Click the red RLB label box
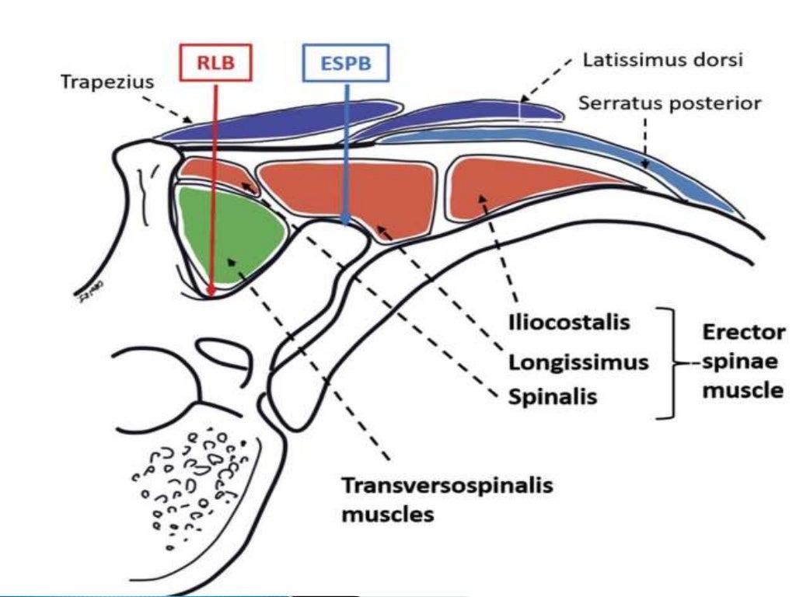coord(215,64)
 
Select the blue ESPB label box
coord(345,64)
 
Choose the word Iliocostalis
coord(568,323)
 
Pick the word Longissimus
coord(578,361)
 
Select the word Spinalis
coord(552,396)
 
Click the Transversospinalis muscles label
coord(447,499)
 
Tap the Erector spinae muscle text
coord(742,361)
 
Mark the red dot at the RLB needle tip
coord(211,290)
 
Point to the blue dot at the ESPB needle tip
coord(345,222)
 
